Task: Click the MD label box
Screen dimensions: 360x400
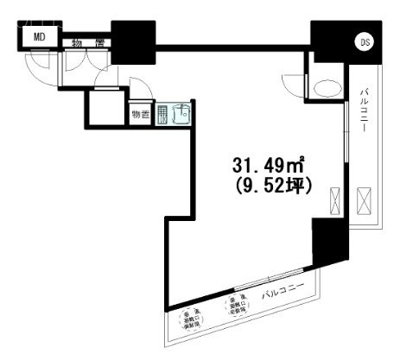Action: click(39, 36)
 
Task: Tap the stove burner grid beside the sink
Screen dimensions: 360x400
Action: click(162, 117)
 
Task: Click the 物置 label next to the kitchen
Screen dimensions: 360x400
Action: click(140, 114)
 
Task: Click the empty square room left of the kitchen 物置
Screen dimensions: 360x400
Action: click(105, 107)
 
